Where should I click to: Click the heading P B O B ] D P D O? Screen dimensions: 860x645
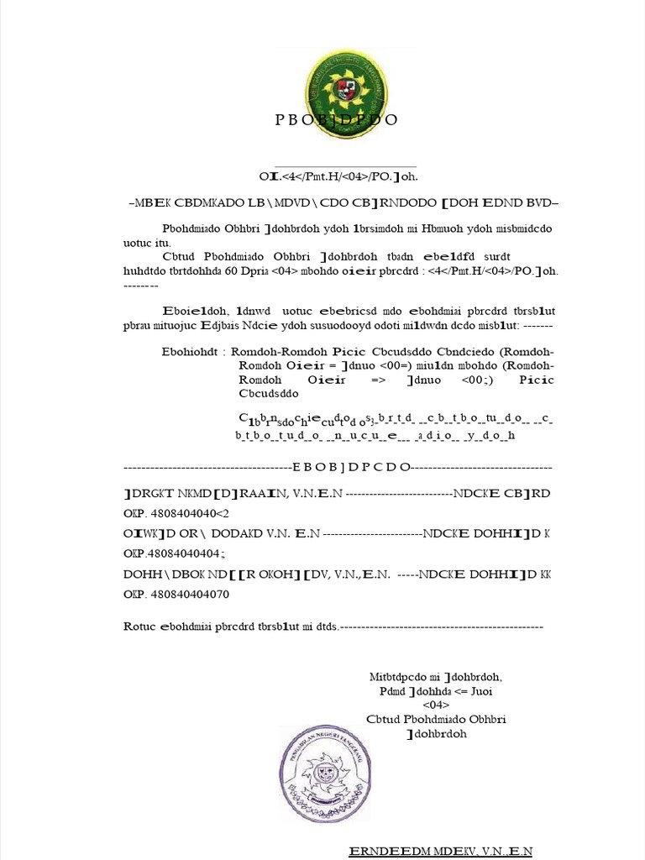(336, 120)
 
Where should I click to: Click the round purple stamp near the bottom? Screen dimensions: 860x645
(324, 774)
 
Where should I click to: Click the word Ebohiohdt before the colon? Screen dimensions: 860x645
(192, 351)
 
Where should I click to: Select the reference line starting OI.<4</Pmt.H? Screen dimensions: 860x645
(338, 177)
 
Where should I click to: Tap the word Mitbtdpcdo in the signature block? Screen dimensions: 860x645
(399, 677)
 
